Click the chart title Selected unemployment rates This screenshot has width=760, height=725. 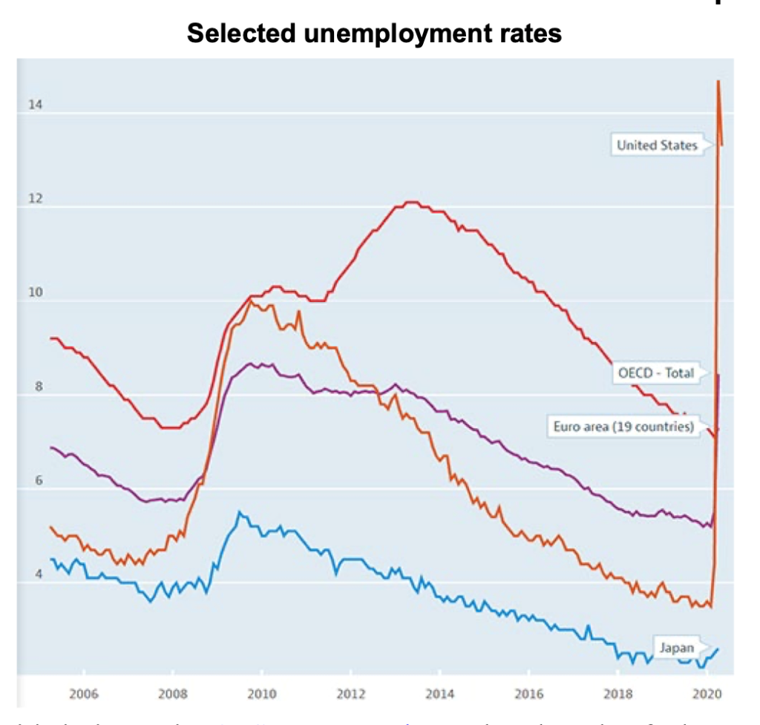click(374, 33)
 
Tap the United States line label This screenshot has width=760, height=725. click(657, 145)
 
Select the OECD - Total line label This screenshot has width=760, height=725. click(656, 373)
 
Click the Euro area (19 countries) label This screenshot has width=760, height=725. click(623, 426)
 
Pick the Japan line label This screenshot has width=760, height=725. click(676, 647)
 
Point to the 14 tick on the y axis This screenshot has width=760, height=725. click(35, 105)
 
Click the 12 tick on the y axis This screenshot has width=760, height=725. click(35, 199)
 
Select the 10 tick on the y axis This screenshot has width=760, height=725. click(35, 293)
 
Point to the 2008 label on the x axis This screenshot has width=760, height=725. click(172, 693)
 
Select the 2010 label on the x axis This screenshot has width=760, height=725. click(261, 693)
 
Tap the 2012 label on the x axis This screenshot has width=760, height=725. click(350, 693)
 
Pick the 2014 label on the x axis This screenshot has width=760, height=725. click(439, 693)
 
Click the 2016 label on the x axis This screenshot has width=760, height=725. click(528, 693)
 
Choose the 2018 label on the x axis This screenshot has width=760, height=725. click(617, 693)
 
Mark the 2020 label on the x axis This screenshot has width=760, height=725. click(706, 693)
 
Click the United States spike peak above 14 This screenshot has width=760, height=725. click(718, 81)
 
